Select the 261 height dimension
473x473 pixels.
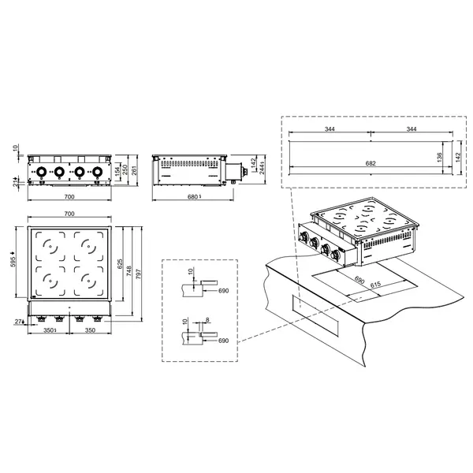pyautogui.click(x=136, y=170)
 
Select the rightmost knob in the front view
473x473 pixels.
pyautogui.click(x=98, y=172)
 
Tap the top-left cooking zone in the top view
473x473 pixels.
pyautogui.click(x=50, y=247)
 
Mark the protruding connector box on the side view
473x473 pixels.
pyautogui.click(x=233, y=170)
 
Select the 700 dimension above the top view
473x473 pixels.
pyautogui.click(x=69, y=214)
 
